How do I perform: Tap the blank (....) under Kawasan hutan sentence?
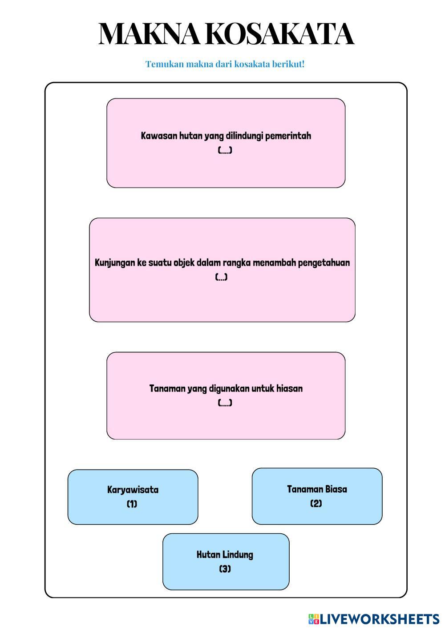(x=225, y=151)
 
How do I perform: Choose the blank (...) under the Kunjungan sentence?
(x=222, y=277)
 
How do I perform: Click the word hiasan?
(x=289, y=389)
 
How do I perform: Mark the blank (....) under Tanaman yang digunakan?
(x=225, y=403)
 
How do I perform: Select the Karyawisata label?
(x=133, y=490)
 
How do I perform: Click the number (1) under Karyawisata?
(x=132, y=504)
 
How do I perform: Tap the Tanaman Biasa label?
(x=317, y=489)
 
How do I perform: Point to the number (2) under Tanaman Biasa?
(x=316, y=503)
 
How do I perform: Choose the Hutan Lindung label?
(x=225, y=555)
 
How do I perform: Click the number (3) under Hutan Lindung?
(x=225, y=569)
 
